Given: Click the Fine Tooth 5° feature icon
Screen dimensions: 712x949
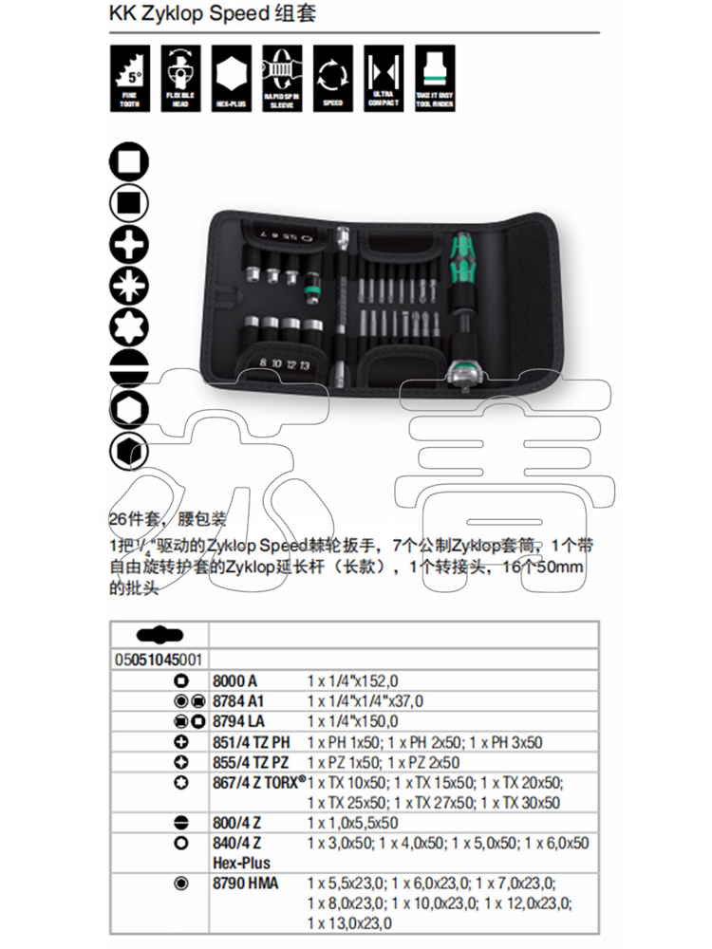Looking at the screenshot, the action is point(131,75).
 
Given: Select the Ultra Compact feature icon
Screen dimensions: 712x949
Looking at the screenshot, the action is point(383,75).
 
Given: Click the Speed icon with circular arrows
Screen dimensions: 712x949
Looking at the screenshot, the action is point(332,75).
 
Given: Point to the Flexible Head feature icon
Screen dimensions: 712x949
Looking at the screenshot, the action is point(180,75).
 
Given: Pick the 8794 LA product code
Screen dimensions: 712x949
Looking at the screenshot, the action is point(239,722).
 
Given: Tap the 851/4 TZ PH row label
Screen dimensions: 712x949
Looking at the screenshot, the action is point(252,743).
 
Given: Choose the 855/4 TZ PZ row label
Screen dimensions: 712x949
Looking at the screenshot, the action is point(251,763).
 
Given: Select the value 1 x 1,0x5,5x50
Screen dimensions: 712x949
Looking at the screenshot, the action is point(352,823).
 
